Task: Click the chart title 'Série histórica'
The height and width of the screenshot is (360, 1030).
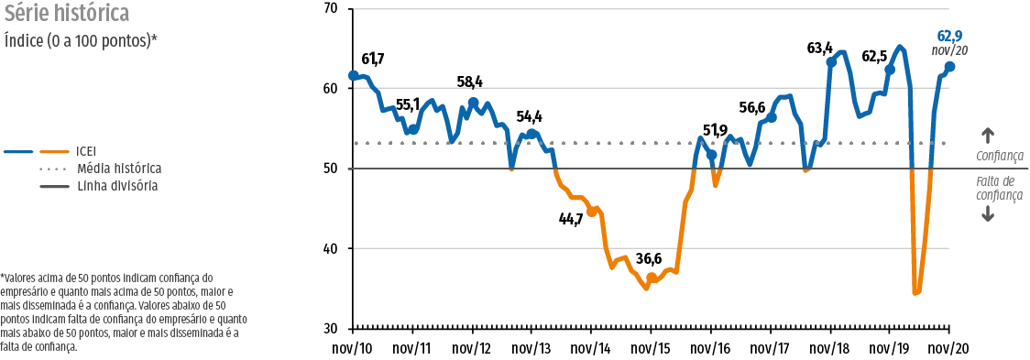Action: click(x=67, y=13)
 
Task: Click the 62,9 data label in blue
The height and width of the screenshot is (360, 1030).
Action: click(x=950, y=36)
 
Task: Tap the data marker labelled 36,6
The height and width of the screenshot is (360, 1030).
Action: click(x=651, y=278)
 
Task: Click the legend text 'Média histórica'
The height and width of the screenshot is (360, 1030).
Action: click(x=119, y=169)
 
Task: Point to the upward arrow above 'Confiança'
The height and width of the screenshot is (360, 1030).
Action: click(x=987, y=136)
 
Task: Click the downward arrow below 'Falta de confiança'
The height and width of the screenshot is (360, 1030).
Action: click(x=987, y=213)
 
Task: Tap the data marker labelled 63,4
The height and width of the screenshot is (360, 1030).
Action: click(x=831, y=61)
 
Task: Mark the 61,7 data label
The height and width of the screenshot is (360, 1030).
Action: click(x=372, y=60)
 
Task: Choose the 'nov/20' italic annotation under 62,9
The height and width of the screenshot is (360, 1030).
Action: click(x=950, y=50)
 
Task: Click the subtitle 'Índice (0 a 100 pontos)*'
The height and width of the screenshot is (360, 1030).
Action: click(x=81, y=39)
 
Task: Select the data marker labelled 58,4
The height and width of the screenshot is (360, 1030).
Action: click(x=473, y=103)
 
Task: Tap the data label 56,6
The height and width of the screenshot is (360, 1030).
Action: click(x=752, y=106)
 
